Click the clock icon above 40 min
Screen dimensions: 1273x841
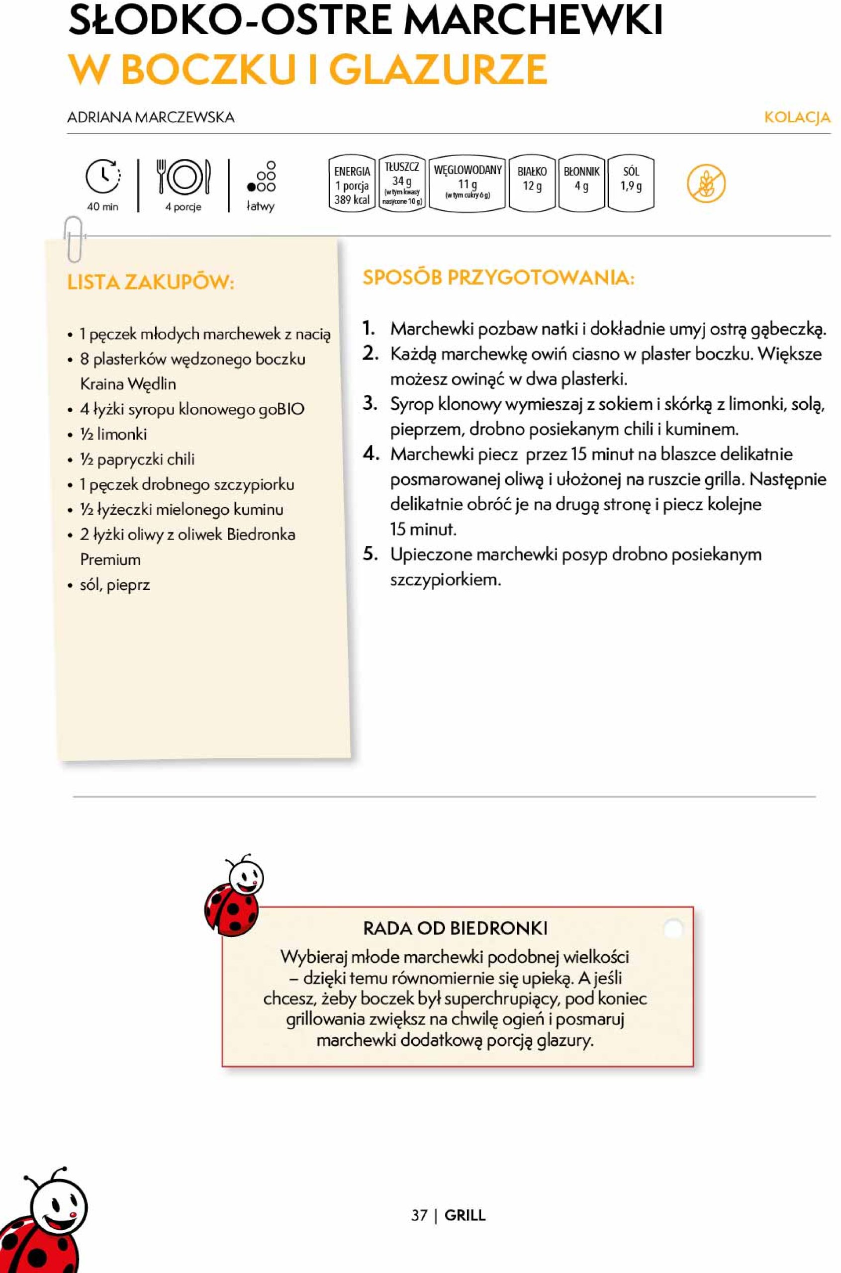click(103, 176)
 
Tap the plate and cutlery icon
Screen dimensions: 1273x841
click(184, 177)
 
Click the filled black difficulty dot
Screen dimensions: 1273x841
click(251, 187)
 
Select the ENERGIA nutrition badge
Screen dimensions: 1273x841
click(352, 184)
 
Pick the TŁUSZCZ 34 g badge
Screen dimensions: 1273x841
click(402, 183)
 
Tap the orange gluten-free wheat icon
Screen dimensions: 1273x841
click(706, 183)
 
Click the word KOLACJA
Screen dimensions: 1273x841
click(797, 117)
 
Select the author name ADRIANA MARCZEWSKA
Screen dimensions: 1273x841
click(151, 117)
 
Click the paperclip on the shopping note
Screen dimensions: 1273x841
click(74, 239)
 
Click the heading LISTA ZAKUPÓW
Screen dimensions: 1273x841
click(151, 282)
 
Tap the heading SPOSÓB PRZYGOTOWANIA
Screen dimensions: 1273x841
click(498, 277)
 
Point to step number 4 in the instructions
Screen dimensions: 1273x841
click(371, 454)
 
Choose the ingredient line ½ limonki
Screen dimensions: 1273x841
click(113, 434)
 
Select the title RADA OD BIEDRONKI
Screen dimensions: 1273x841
click(456, 928)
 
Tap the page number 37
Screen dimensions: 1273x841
click(419, 1215)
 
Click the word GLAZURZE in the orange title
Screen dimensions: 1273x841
click(438, 70)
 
